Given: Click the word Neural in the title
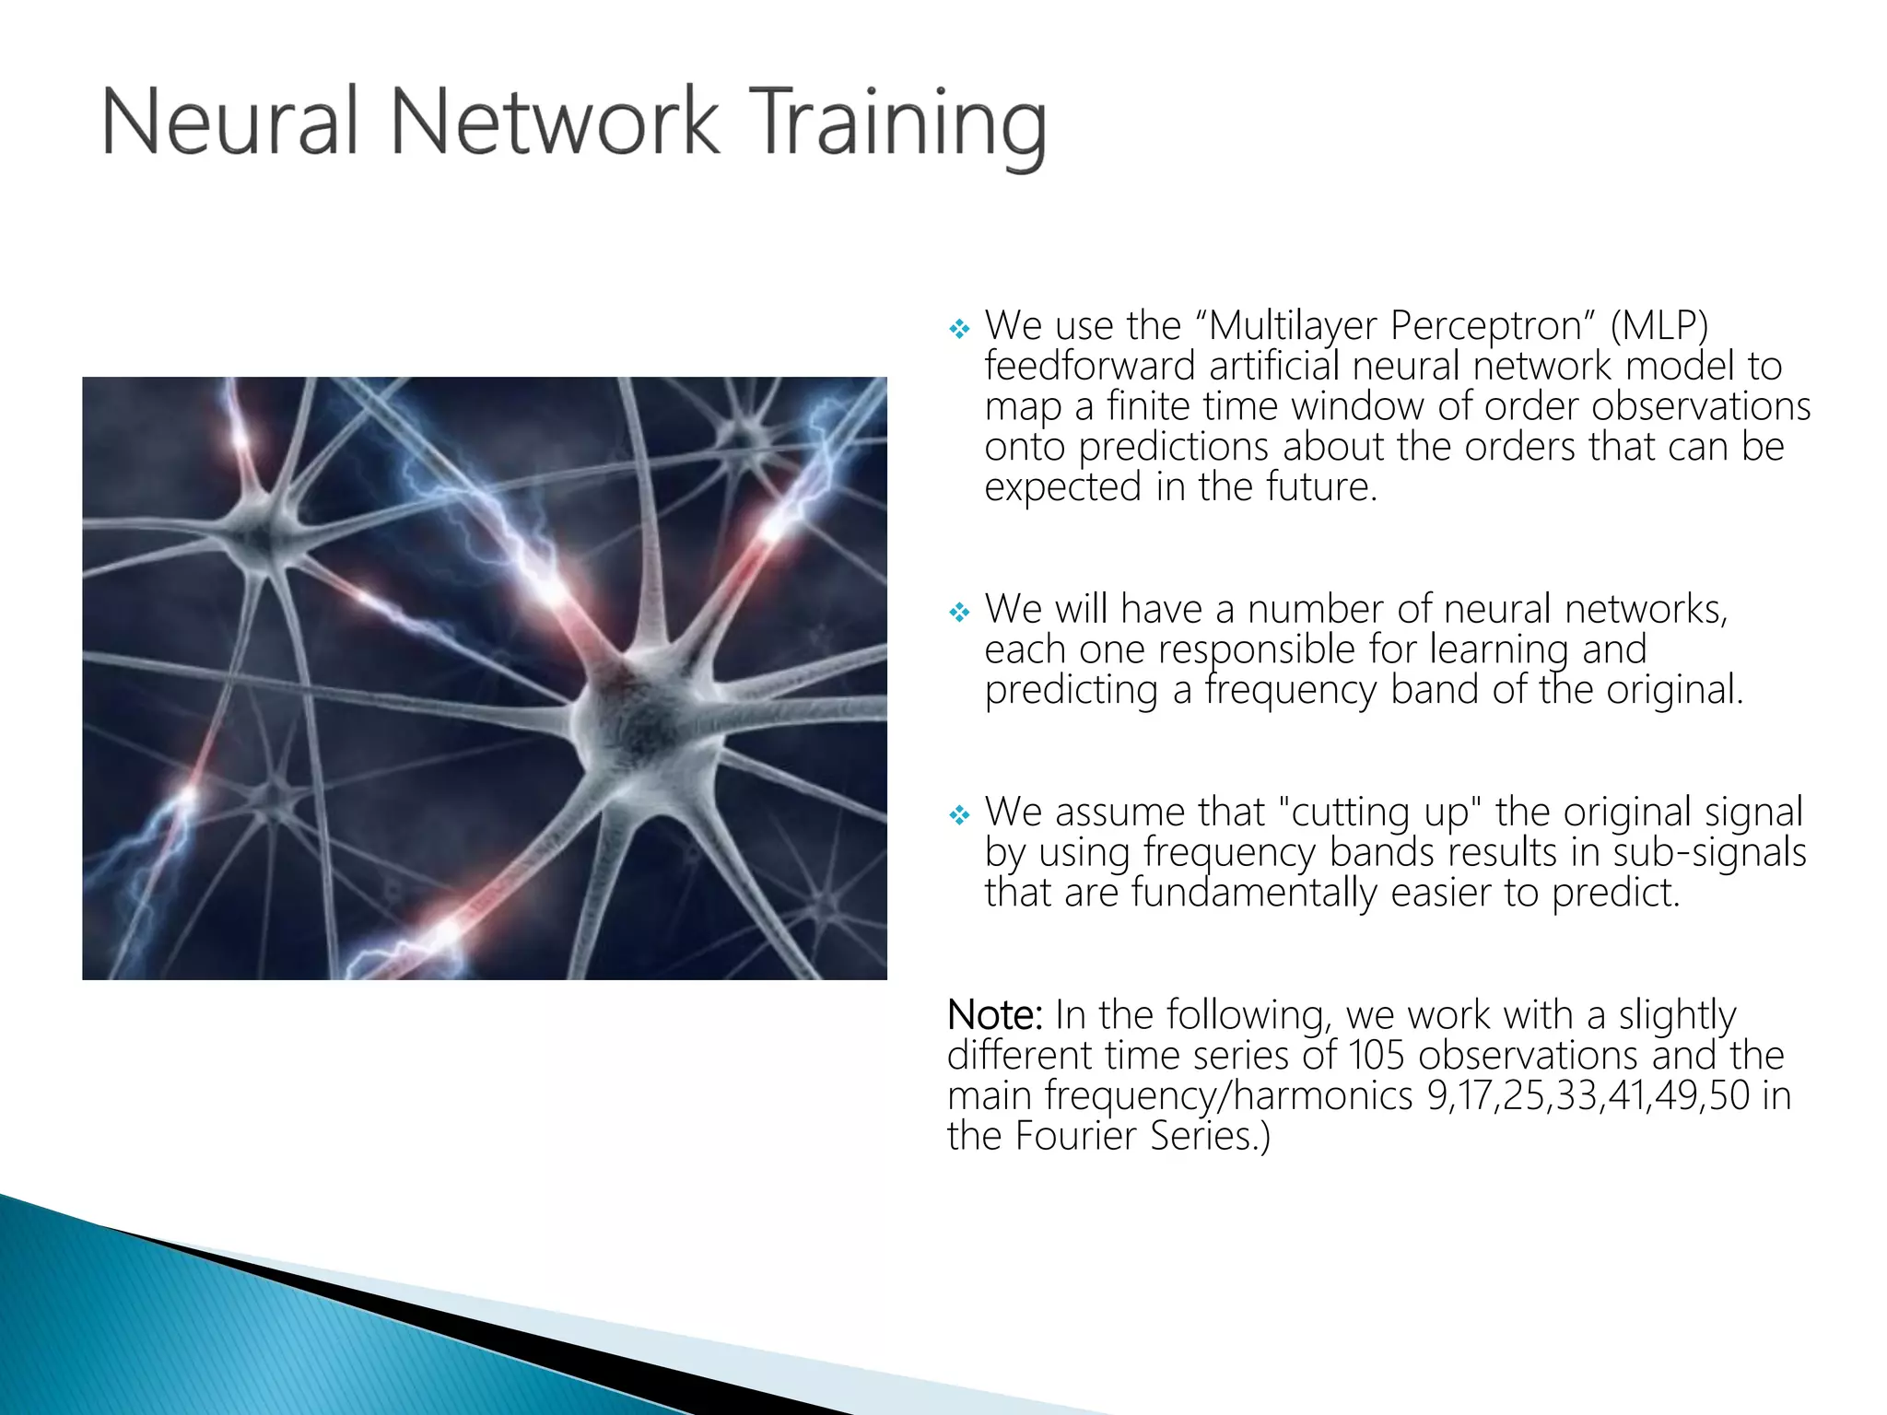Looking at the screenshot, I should pyautogui.click(x=229, y=122).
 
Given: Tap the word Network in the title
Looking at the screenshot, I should pyautogui.click(x=554, y=122).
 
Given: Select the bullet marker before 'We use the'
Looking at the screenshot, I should pyautogui.click(x=959, y=328).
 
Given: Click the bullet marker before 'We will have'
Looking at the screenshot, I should pyautogui.click(x=959, y=612).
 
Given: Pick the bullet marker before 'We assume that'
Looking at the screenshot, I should pyautogui.click(x=959, y=814).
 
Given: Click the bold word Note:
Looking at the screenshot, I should pyautogui.click(x=994, y=1015).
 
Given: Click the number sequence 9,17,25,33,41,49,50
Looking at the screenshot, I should pyautogui.click(x=1588, y=1096).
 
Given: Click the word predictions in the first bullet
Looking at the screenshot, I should pyautogui.click(x=1174, y=448).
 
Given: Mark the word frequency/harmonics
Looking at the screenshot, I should pyautogui.click(x=1229, y=1096).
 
